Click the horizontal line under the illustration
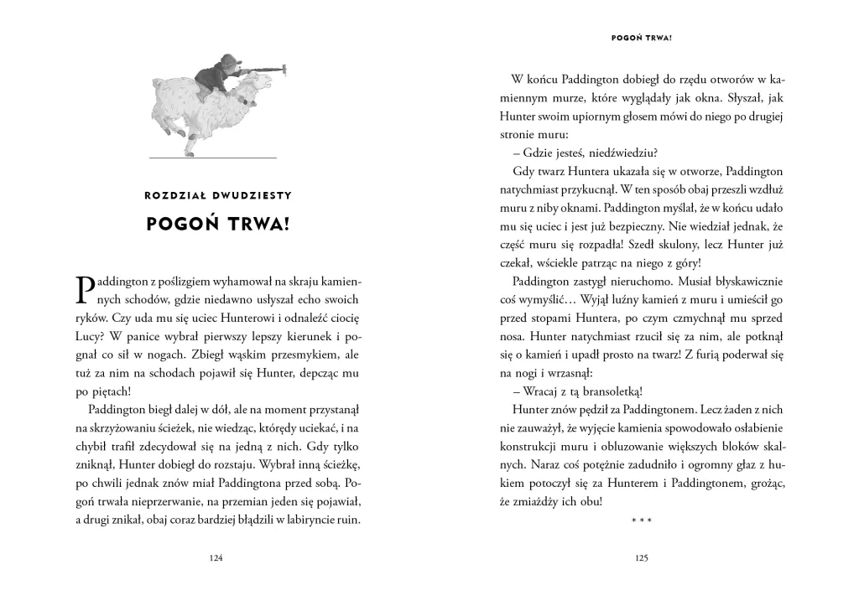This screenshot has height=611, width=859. click(x=213, y=157)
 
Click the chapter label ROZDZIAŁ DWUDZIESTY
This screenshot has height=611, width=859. click(x=217, y=195)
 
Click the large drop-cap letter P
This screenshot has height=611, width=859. click(x=86, y=288)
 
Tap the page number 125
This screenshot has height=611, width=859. click(x=643, y=558)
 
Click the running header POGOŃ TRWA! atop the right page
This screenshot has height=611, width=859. click(x=643, y=38)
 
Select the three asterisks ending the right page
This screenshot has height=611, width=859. click(x=642, y=521)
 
